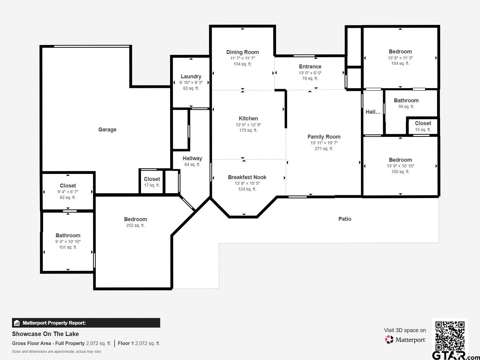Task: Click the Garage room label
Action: click(107, 130)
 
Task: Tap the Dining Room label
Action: click(242, 52)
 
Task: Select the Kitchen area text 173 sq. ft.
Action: click(248, 130)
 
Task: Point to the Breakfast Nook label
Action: click(247, 177)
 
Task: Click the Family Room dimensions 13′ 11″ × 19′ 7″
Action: click(324, 143)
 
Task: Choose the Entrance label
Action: click(310, 67)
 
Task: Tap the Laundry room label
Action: click(191, 76)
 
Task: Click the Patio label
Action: click(345, 219)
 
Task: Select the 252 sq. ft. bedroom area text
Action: click(135, 225)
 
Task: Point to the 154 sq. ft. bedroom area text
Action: click(400, 63)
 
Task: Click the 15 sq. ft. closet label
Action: click(423, 123)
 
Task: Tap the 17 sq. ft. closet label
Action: click(152, 179)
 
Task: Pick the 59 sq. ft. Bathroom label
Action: click(406, 100)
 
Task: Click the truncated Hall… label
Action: click(373, 112)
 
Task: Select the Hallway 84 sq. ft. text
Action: click(192, 164)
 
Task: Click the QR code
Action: click(450, 336)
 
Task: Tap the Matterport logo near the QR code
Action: click(405, 340)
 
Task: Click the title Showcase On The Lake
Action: click(45, 334)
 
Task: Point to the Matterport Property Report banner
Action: click(86, 323)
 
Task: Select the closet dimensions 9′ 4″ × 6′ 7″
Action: click(68, 192)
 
